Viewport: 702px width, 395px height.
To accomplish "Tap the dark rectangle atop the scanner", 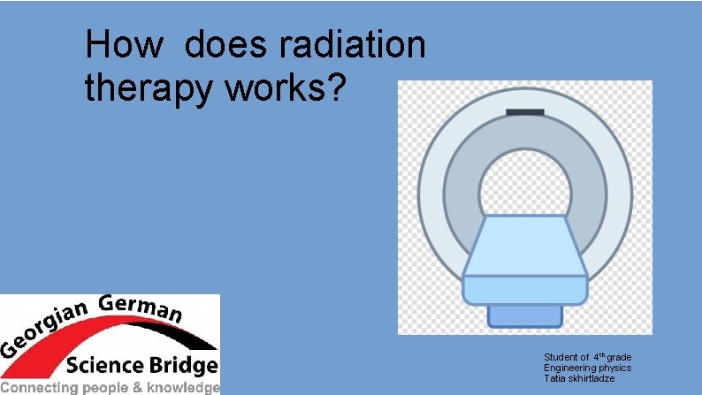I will (x=524, y=111).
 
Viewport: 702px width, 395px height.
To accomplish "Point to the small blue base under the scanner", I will (x=524, y=314).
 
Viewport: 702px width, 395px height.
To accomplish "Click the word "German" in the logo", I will (x=141, y=308).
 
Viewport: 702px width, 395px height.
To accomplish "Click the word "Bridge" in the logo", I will (x=181, y=365).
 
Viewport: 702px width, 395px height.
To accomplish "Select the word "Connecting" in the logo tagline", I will (x=40, y=387).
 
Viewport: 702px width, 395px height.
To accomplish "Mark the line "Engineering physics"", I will (x=587, y=368).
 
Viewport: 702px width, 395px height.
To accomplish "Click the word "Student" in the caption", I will (x=560, y=357).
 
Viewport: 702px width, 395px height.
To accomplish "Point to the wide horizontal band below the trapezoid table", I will (x=524, y=288).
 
